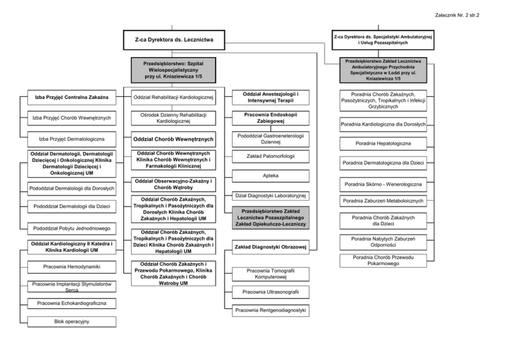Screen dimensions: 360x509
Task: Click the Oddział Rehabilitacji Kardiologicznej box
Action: [173, 98]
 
